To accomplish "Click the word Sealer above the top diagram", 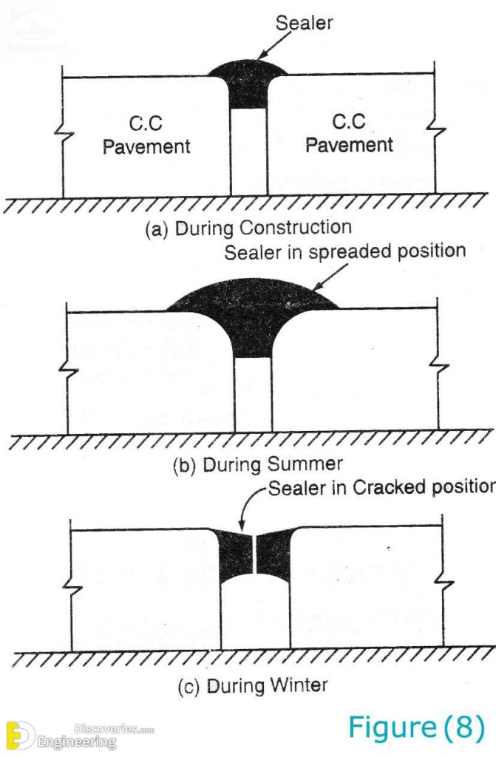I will click(304, 24).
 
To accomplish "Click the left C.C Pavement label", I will click(146, 133).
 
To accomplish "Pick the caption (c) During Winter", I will click(252, 685).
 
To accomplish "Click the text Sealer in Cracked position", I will click(380, 488).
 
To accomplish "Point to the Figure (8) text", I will click(416, 728).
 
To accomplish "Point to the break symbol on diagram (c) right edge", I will click(444, 584).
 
